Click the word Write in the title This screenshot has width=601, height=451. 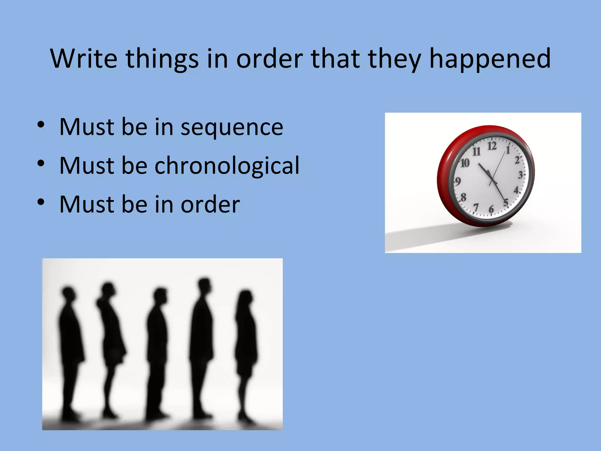[x=84, y=58]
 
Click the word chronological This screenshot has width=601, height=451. [x=227, y=165]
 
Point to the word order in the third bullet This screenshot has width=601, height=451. [x=210, y=204]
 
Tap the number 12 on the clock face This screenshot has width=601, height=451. [x=492, y=146]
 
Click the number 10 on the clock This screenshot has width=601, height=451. [x=465, y=163]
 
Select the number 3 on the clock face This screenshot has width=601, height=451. [x=520, y=175]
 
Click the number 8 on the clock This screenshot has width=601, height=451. [x=463, y=197]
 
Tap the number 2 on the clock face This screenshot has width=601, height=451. [x=517, y=160]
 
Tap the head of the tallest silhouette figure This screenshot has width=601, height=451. [x=204, y=284]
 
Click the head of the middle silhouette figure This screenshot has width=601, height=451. [x=160, y=295]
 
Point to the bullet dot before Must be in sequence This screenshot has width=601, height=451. [x=41, y=124]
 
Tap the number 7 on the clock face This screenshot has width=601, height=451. [x=476, y=207]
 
